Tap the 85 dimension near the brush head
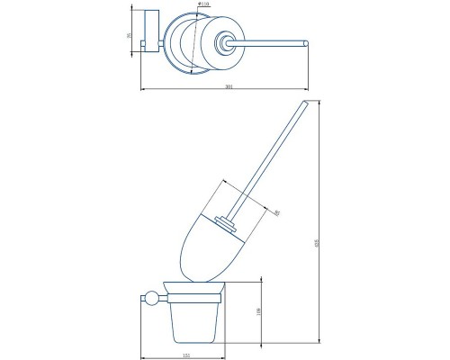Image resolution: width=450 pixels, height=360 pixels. pyautogui.click(x=276, y=212)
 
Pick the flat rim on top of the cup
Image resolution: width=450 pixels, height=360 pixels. pyautogui.click(x=193, y=294)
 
